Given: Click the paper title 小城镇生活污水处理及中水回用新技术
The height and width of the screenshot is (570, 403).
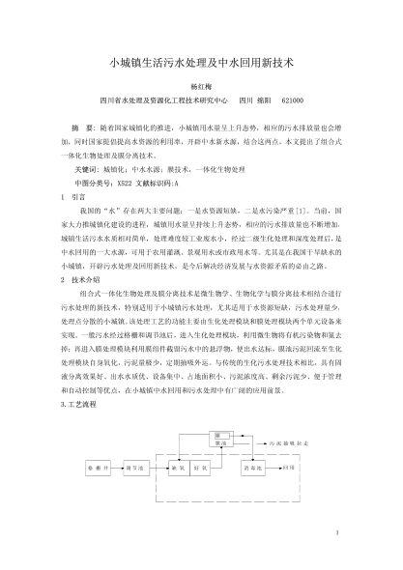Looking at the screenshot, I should coord(201,59).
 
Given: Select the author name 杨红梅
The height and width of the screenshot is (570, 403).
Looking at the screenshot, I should coord(201,84).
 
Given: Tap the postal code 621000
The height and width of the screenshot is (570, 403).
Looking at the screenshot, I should coord(292,100).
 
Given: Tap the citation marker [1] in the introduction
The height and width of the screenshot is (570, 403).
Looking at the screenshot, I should coord(302,208).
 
